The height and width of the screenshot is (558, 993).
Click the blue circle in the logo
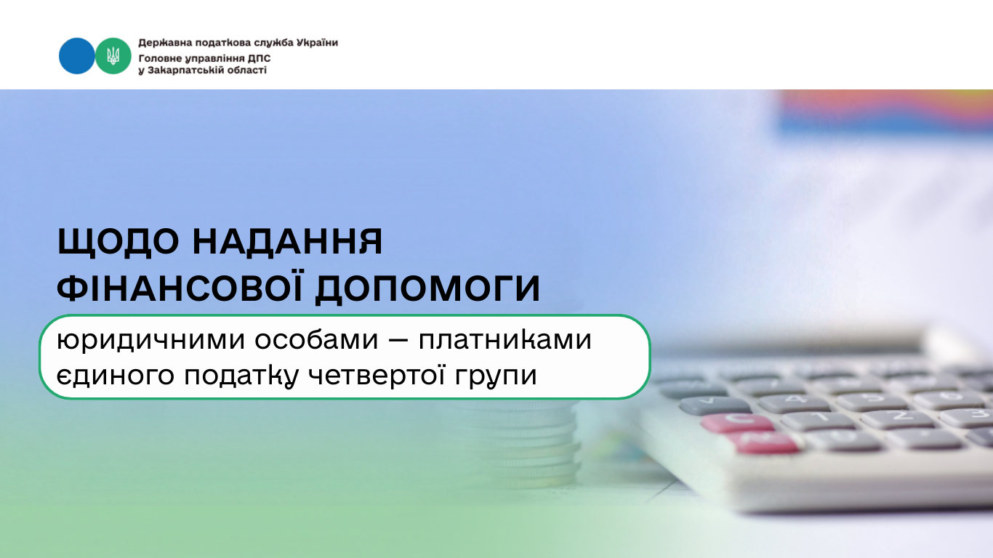pyautogui.click(x=76, y=56)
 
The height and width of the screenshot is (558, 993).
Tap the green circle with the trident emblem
pyautogui.click(x=113, y=56)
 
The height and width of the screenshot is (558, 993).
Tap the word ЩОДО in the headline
pyautogui.click(x=118, y=242)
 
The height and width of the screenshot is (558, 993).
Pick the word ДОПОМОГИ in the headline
pyautogui.click(x=427, y=288)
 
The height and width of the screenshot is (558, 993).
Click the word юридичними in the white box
pyautogui.click(x=150, y=341)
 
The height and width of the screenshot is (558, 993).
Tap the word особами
pyautogui.click(x=316, y=339)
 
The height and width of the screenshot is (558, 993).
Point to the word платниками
pyautogui.click(x=505, y=340)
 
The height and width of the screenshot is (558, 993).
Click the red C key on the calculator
pyautogui.click(x=737, y=421)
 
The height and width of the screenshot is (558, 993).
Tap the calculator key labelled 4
pyautogui.click(x=794, y=403)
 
